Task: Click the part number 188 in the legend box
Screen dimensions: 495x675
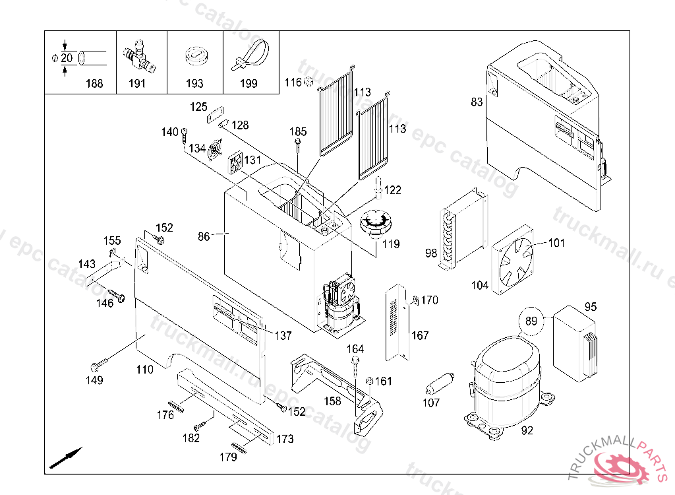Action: tap(94, 84)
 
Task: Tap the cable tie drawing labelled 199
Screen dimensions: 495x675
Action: tap(250, 54)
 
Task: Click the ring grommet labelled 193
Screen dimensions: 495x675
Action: tap(195, 56)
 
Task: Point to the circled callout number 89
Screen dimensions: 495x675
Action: tap(531, 321)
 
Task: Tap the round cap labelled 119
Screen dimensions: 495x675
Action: tap(376, 224)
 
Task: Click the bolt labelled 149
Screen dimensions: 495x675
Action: tap(98, 365)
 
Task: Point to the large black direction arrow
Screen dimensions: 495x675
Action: tap(66, 457)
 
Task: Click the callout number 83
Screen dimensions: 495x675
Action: tap(477, 102)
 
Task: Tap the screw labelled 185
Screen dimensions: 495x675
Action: tap(299, 146)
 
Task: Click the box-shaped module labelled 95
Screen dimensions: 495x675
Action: tap(573, 343)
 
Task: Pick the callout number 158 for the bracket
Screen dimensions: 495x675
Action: tap(332, 401)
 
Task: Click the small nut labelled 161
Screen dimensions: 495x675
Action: tap(370, 381)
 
